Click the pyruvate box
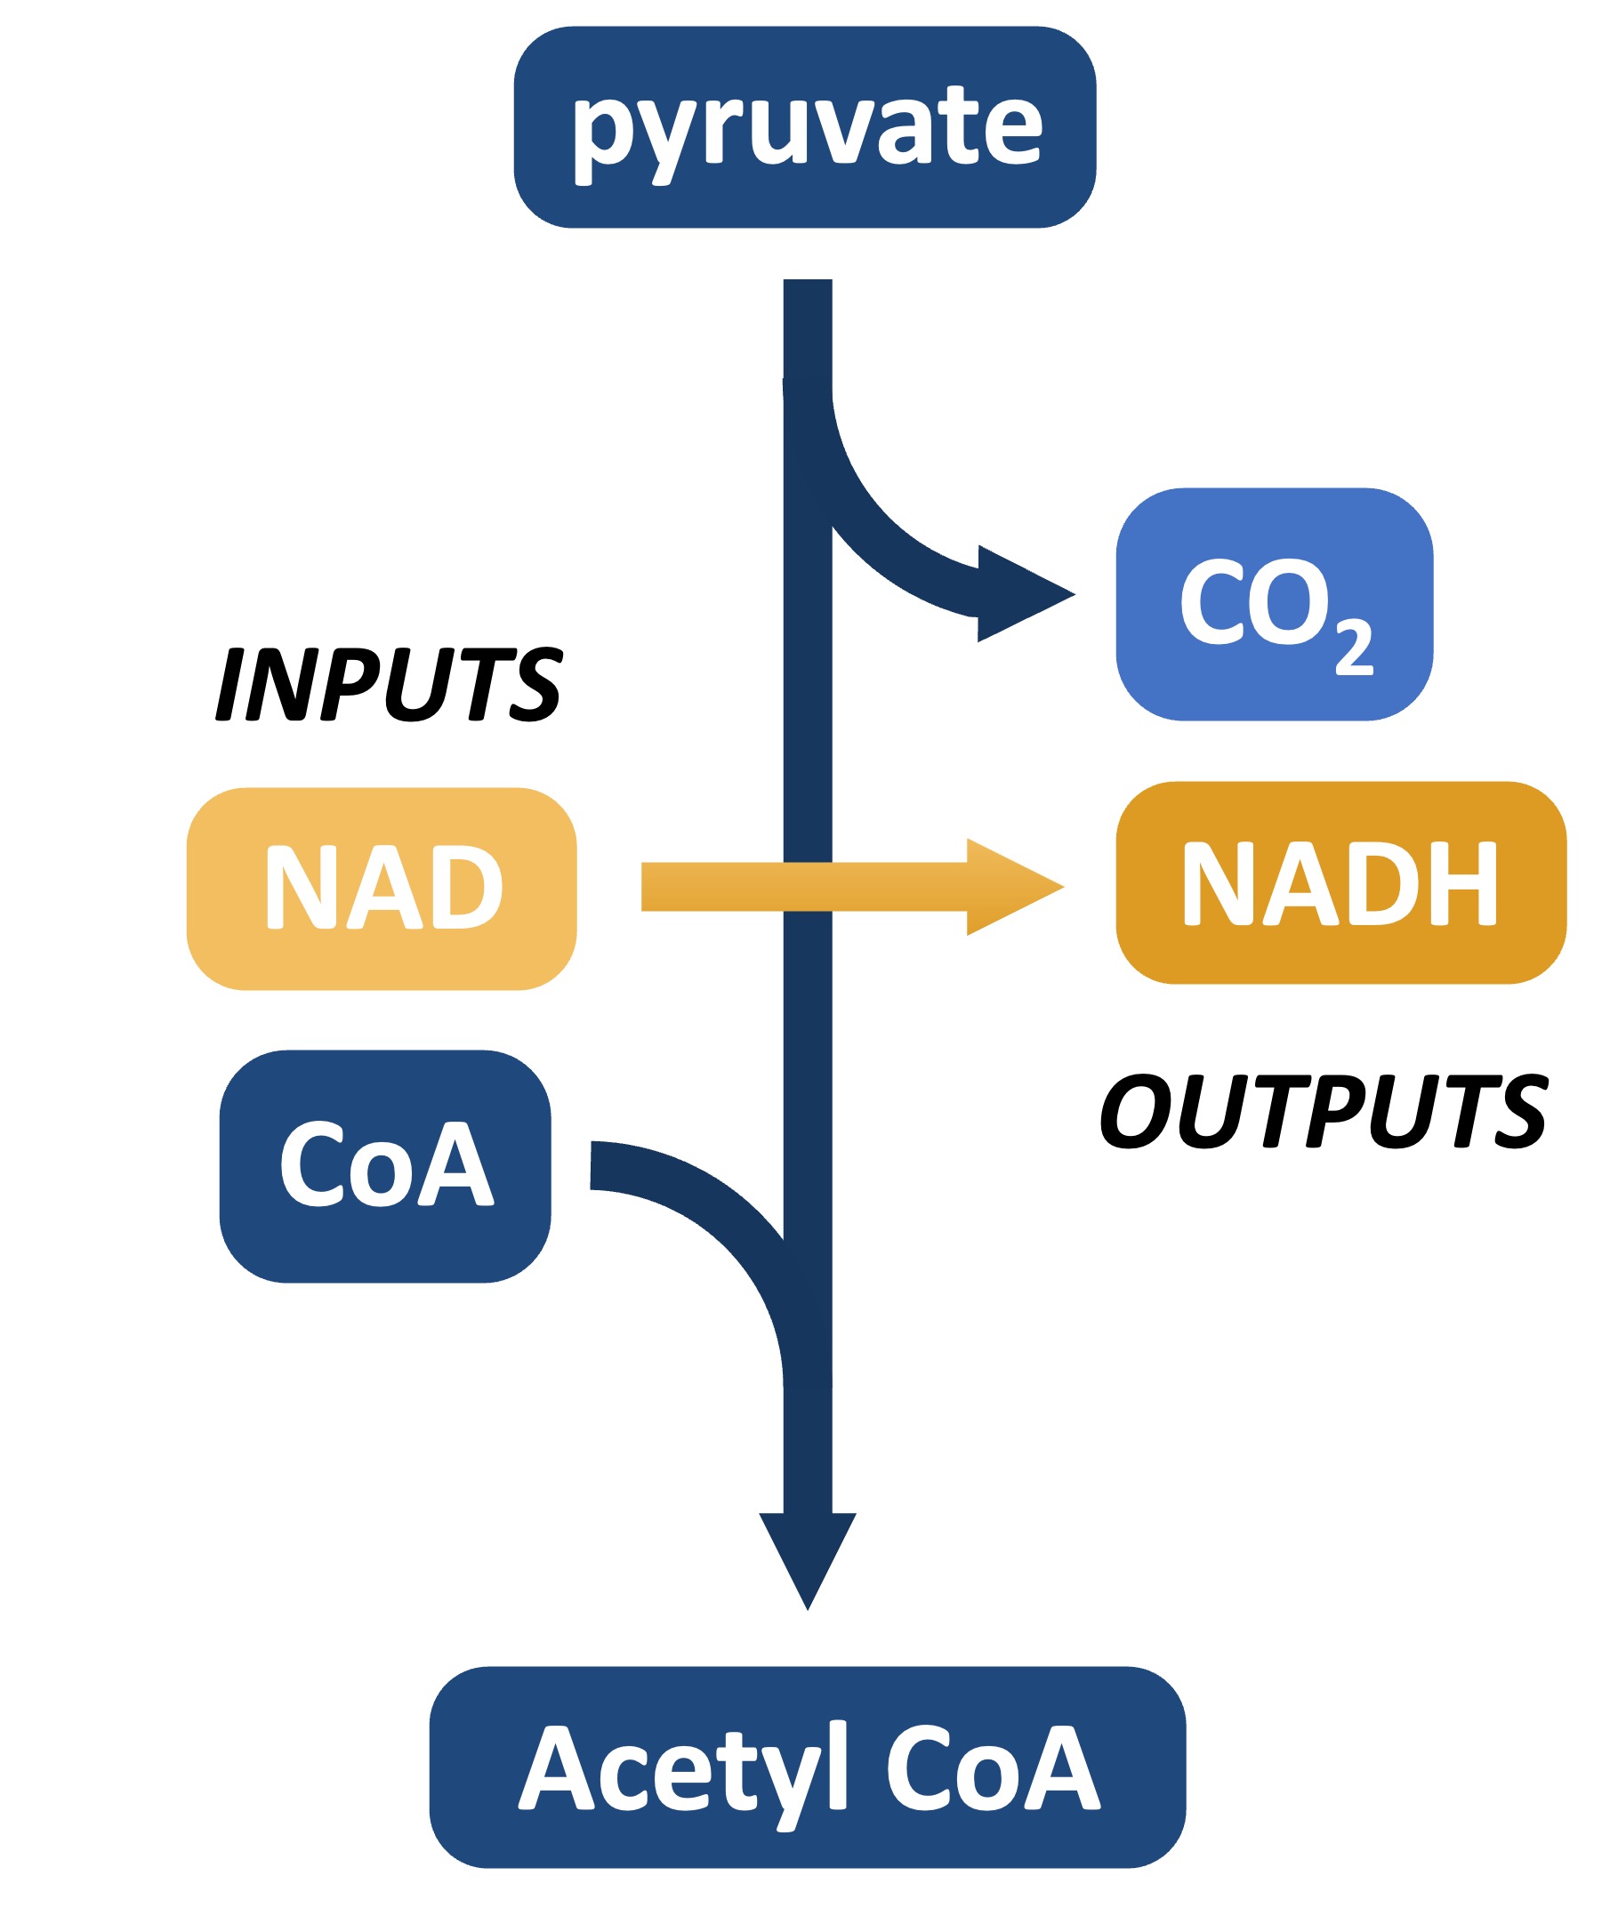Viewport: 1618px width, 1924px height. click(804, 126)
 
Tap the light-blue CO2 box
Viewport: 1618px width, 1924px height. click(1274, 604)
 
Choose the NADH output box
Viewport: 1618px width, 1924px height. click(1341, 883)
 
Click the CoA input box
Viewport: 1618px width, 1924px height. click(385, 1166)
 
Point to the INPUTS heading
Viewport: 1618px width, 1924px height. click(389, 684)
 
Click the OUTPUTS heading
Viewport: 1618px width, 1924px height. click(1324, 1112)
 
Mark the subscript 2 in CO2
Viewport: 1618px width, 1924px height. click(1354, 647)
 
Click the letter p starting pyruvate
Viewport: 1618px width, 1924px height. click(601, 136)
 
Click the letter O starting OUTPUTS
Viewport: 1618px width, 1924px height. click(1136, 1112)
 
